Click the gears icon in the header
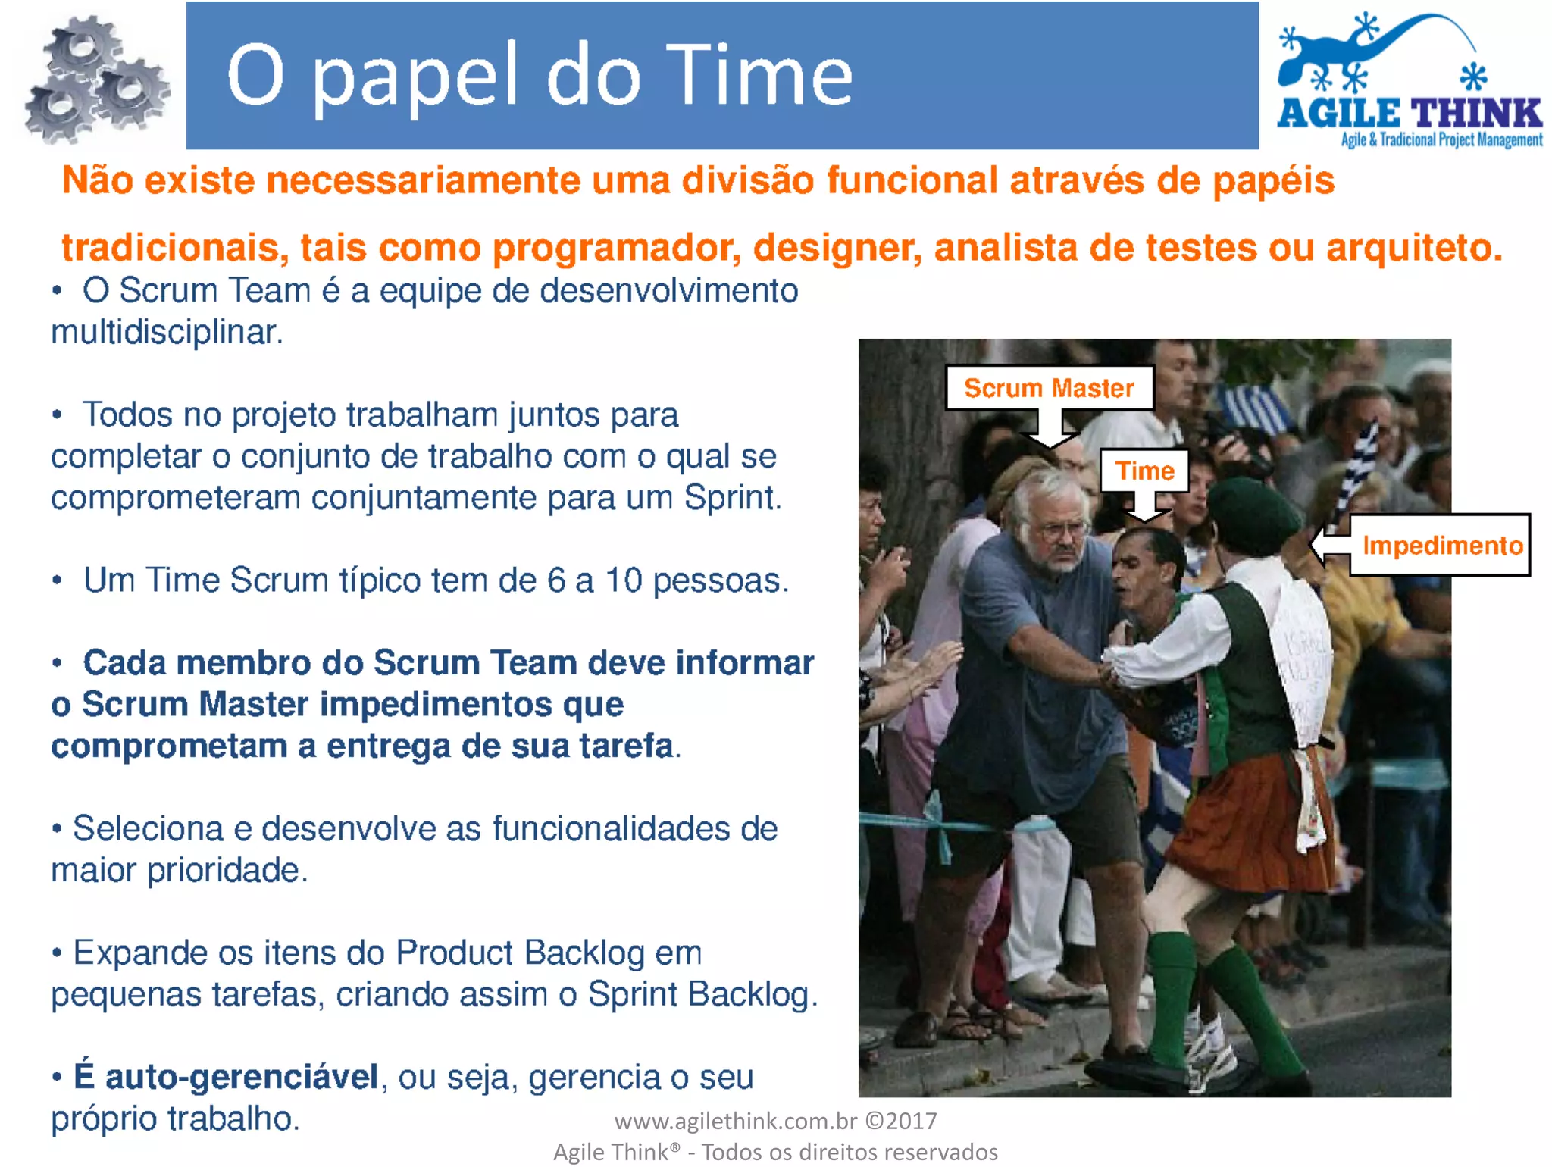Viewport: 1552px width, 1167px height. point(95,80)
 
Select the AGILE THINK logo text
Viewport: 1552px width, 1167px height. point(1410,114)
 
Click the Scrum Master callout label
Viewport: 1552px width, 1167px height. point(1049,388)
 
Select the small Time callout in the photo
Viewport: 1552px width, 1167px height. point(1144,471)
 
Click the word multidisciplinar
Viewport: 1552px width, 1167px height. point(167,332)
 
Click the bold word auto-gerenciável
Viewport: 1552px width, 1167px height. point(241,1077)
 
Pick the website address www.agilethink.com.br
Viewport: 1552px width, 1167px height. point(735,1121)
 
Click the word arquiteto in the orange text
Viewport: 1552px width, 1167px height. point(1413,248)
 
